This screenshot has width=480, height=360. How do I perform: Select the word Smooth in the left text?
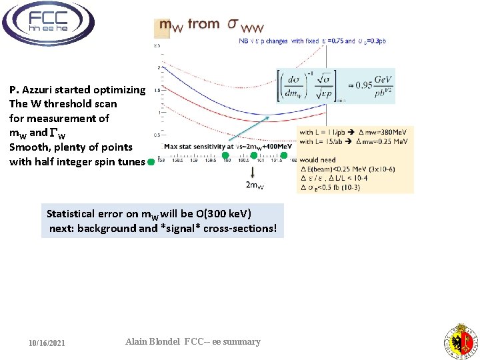pos(29,147)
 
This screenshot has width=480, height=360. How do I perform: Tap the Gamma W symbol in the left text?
pos(57,133)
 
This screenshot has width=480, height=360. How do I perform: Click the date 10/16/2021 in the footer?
pos(47,343)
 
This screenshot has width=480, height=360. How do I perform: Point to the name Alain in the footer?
pos(139,342)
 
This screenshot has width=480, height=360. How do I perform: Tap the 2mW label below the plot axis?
pos(253,185)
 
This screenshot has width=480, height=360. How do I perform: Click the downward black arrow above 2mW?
pos(253,170)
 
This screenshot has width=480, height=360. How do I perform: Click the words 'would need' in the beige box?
pos(317,160)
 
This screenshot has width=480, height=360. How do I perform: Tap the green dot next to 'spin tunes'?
pos(151,162)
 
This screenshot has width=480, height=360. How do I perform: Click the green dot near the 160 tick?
pos(226,155)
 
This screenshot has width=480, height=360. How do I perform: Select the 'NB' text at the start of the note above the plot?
pos(243,41)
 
